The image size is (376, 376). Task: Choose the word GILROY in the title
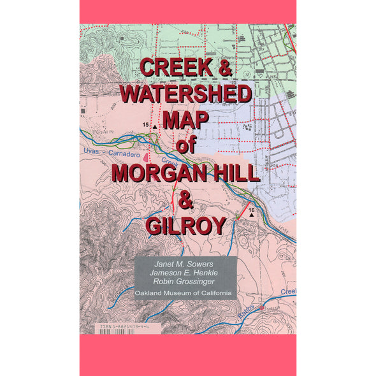[x=186, y=226]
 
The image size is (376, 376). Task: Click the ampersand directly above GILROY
[x=186, y=199]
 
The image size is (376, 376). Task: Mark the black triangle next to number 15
[x=155, y=127]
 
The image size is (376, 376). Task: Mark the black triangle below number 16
[x=253, y=216]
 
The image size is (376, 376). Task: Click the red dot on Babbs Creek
[x=262, y=307]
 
